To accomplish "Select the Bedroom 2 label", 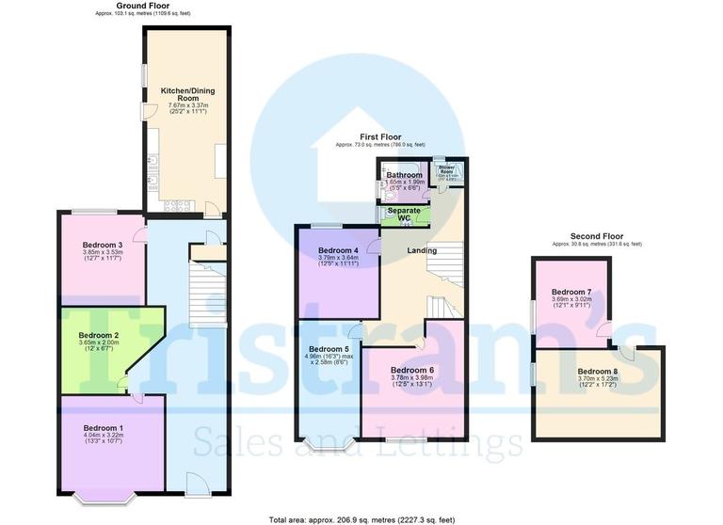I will click(x=99, y=335).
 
